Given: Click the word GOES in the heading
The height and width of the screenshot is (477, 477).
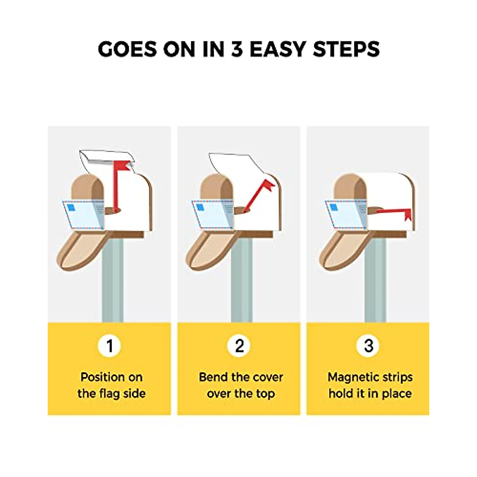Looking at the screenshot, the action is click(x=128, y=49).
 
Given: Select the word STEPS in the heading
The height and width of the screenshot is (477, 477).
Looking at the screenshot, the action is click(x=346, y=49).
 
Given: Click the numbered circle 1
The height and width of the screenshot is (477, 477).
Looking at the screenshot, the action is click(x=109, y=345).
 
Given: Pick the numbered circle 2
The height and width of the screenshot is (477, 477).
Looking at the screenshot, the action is click(x=239, y=345).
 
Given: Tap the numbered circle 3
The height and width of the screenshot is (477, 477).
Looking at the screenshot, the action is click(x=368, y=345).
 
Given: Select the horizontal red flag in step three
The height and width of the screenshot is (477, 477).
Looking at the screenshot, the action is click(x=394, y=213).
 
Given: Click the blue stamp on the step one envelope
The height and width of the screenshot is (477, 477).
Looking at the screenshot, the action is click(x=71, y=207).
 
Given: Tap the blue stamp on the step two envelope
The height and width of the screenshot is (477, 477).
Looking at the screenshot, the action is click(x=200, y=207).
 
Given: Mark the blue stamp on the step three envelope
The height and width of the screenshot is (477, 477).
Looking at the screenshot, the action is click(x=334, y=207).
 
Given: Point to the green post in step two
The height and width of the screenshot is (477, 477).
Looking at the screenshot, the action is click(x=242, y=280).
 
